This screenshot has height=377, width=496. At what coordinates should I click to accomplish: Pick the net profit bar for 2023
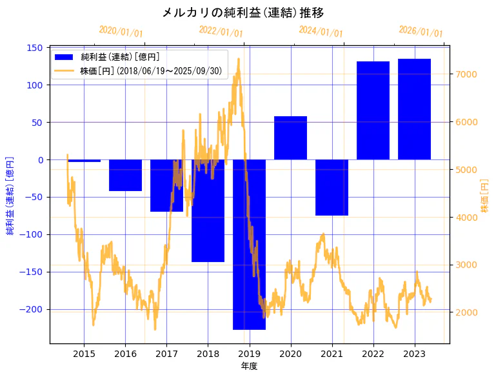414,109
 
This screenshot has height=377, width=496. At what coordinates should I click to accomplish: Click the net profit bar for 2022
373,110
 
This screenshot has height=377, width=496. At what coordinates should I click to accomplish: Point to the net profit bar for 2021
332,187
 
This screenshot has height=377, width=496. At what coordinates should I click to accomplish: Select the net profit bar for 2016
125,175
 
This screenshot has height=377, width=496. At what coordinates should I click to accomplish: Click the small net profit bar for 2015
84,161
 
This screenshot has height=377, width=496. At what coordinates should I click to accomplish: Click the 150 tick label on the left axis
36,48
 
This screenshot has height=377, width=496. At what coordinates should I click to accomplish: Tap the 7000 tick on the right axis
465,74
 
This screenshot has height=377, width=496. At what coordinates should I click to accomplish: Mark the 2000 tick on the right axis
465,312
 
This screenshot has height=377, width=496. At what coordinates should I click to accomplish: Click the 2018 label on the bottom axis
208,354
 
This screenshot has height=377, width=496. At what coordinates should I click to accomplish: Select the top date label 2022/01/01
221,31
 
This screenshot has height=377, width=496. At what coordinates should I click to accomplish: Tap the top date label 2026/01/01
421,31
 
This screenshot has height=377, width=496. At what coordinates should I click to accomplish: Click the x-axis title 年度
249,365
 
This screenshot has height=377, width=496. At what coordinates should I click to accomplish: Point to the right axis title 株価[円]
484,197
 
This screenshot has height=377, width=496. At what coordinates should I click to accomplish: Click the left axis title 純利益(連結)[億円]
10,196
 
